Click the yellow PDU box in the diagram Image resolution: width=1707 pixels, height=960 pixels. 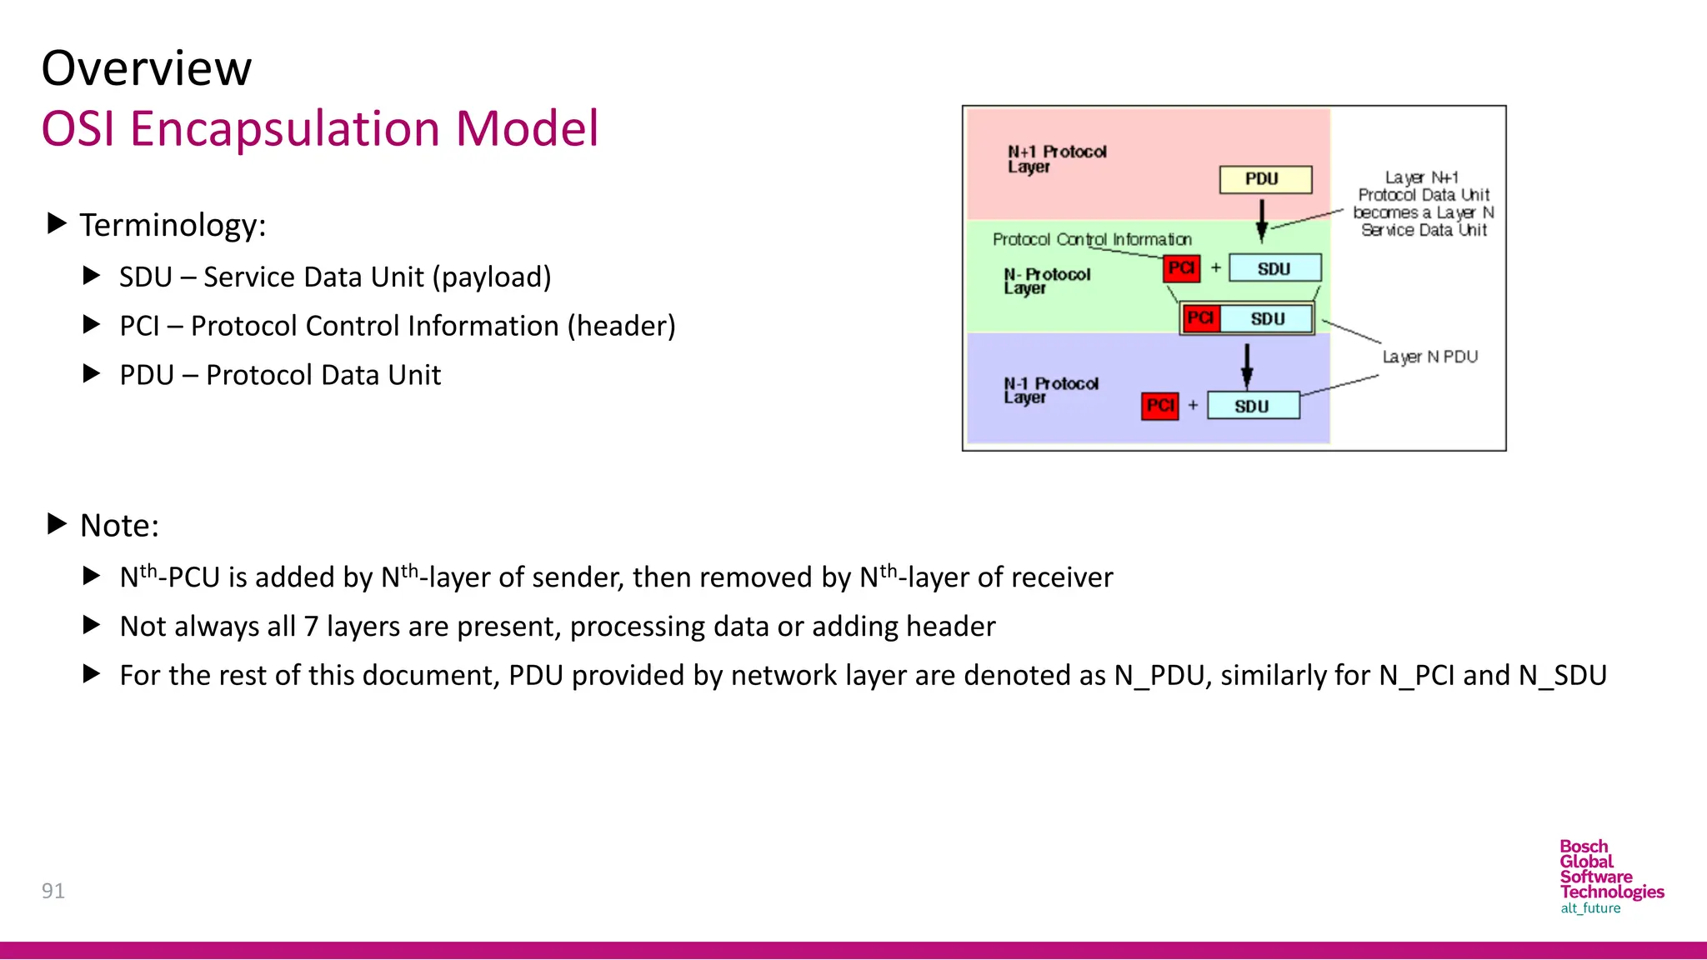[1264, 179]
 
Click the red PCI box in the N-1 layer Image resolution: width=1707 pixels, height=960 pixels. [1159, 406]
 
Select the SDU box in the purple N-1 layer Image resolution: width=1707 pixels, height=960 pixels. [1253, 406]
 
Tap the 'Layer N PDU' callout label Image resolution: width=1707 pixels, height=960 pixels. [1429, 357]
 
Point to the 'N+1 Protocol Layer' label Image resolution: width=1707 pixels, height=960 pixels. [1056, 158]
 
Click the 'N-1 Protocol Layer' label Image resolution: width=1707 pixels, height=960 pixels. [1050, 390]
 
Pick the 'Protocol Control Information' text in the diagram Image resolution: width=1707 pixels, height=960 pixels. [1092, 239]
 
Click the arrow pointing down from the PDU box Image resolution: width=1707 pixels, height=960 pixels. [1261, 219]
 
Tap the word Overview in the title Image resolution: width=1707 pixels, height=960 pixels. [147, 68]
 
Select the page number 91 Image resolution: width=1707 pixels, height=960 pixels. [53, 891]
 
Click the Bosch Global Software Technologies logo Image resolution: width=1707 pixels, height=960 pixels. [1610, 877]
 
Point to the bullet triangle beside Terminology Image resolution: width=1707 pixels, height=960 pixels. [57, 223]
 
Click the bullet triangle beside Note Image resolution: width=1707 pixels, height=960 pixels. [57, 524]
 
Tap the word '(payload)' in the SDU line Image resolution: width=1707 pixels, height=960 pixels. [492, 277]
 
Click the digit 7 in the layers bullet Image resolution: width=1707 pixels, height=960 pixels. [311, 627]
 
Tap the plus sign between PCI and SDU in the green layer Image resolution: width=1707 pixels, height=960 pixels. [1215, 267]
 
